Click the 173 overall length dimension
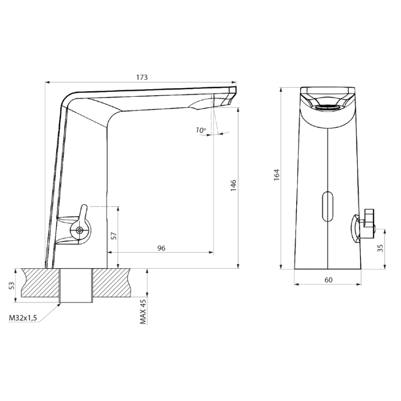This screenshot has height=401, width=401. click(142, 77)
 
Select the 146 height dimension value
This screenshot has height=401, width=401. click(234, 185)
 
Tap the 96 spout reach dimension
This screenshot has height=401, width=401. click(161, 248)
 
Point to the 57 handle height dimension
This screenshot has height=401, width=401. click(115, 236)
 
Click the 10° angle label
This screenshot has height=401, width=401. click(201, 130)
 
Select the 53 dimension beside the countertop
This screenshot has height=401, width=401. click(12, 285)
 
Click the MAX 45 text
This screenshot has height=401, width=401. click(143, 312)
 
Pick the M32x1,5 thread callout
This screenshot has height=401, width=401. click(23, 318)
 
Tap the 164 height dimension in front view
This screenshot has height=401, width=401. click(277, 175)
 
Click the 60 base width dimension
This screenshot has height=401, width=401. click(328, 280)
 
